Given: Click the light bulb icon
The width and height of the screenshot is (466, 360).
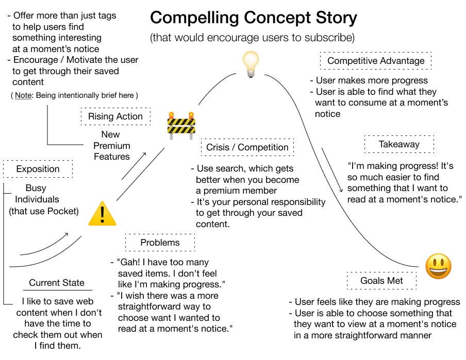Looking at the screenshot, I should pos(251,64).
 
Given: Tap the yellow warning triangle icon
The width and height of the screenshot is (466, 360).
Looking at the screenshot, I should pos(102,213).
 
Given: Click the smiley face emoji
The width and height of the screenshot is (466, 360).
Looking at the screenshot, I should pos(438,267).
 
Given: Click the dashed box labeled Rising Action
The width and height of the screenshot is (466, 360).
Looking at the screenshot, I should pos(115,116).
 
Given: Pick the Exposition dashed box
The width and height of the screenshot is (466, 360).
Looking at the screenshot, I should pos(38,169).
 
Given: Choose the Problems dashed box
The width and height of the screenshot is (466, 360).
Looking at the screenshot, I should pos(160,243).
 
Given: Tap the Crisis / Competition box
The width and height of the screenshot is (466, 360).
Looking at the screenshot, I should pos(247,147).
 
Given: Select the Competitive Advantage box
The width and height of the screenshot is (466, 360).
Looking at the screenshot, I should pos(376,61).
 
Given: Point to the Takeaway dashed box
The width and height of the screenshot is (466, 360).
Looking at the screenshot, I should pos(399,145).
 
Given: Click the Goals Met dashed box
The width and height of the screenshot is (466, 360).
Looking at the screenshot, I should pos(381,281).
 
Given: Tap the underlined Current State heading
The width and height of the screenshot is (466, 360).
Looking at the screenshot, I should pos(57,283).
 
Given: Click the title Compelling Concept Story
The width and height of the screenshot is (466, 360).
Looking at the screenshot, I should pos(253,18).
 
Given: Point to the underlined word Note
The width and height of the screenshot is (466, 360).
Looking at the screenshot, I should pos(23,95).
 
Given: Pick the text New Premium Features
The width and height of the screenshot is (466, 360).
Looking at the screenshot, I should pos(111,145).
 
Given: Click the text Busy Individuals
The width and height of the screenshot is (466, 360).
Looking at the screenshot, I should pos(37,194).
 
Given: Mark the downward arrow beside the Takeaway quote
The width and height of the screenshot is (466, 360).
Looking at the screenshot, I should pos(332,170).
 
